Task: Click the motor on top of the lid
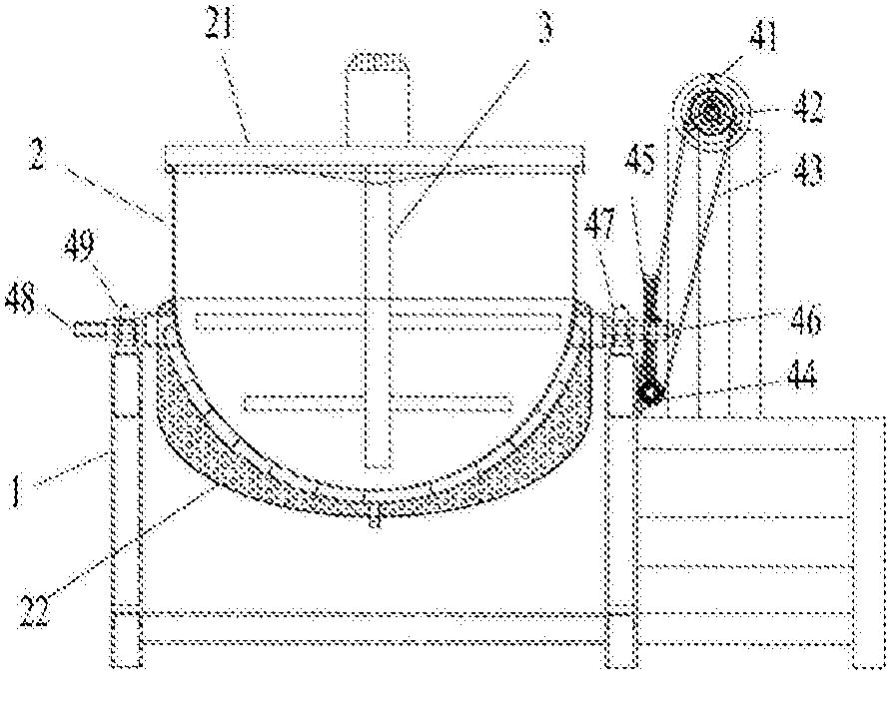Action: click(378, 96)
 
